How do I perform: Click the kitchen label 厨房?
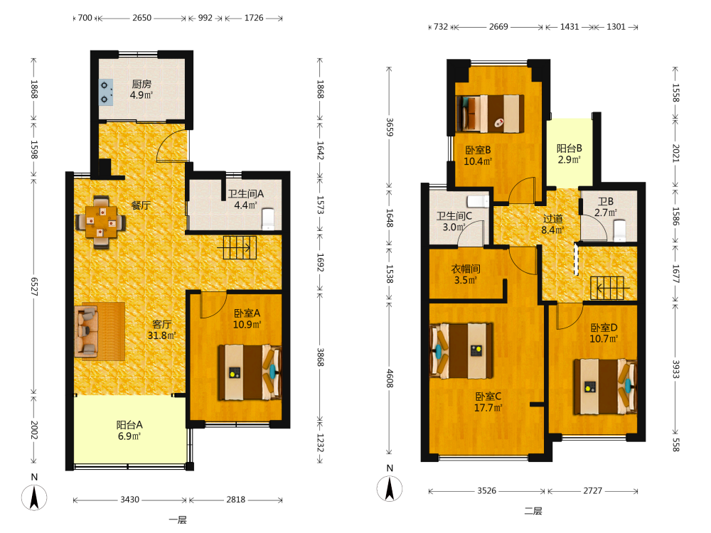pyautogui.click(x=141, y=85)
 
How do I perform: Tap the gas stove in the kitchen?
pyautogui.click(x=106, y=92)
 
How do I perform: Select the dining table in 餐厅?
pyautogui.click(x=101, y=222)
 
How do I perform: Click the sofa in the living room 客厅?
pyautogui.click(x=87, y=330)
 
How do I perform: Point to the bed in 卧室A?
pyautogui.click(x=250, y=372)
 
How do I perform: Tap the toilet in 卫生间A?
pyautogui.click(x=268, y=219)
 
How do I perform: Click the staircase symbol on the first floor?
pyautogui.click(x=237, y=247)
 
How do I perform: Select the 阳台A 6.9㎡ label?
pyautogui.click(x=129, y=430)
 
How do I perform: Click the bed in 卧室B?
pyautogui.click(x=490, y=114)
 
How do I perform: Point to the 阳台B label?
pyautogui.click(x=569, y=149)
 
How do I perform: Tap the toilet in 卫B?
pyautogui.click(x=619, y=230)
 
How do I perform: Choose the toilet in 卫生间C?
pyautogui.click(x=478, y=201)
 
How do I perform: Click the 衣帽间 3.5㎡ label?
pyautogui.click(x=466, y=274)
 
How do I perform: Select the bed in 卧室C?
pyautogui.click(x=461, y=350)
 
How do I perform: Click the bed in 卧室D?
pyautogui.click(x=605, y=386)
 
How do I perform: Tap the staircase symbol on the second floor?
pyautogui.click(x=608, y=288)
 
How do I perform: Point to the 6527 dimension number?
pyautogui.click(x=34, y=286)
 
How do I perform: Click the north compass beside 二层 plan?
pyautogui.click(x=390, y=489)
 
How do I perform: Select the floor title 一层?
pyautogui.click(x=178, y=520)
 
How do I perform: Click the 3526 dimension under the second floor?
pyautogui.click(x=486, y=491)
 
